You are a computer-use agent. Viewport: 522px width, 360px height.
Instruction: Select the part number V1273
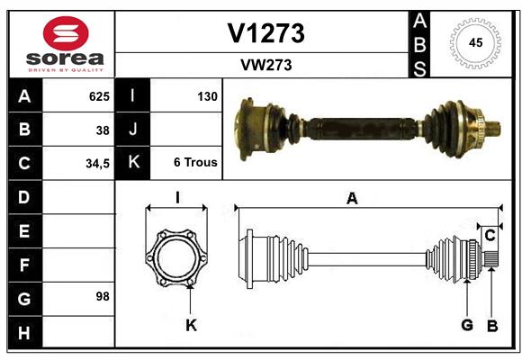click(x=265, y=33)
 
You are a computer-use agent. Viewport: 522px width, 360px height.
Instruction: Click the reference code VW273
click(x=265, y=65)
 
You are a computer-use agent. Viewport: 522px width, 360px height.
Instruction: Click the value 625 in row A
click(x=99, y=95)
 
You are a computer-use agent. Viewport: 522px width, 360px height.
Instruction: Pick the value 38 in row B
click(x=103, y=130)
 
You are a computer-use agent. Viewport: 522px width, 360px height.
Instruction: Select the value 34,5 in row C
click(x=97, y=163)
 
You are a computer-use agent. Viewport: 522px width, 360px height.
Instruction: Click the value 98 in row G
click(x=103, y=295)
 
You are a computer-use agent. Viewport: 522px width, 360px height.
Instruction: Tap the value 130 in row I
click(x=207, y=95)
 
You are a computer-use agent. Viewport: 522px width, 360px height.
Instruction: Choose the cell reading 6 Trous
click(x=195, y=163)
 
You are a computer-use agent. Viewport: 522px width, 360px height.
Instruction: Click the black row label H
click(x=24, y=333)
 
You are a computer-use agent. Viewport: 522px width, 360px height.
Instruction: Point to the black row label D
click(x=24, y=196)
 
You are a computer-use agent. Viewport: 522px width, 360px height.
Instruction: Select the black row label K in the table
click(x=133, y=163)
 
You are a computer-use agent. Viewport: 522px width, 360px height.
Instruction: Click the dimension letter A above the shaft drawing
click(x=352, y=199)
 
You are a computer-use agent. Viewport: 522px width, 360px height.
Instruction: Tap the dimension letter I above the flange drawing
click(x=177, y=198)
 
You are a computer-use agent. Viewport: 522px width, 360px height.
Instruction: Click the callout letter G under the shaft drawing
click(x=467, y=326)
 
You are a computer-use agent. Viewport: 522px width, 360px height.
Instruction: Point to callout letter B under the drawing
click(x=492, y=326)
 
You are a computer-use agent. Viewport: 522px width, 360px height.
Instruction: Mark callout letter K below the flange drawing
click(x=191, y=325)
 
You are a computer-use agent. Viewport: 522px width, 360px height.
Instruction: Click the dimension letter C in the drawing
click(x=490, y=236)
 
